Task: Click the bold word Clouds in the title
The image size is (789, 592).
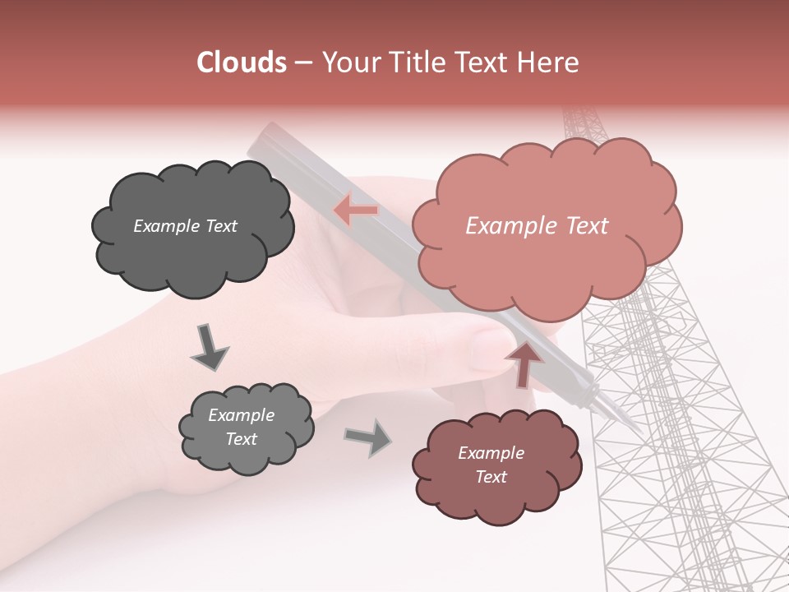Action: point(242,62)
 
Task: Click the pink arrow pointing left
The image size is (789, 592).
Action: point(355,210)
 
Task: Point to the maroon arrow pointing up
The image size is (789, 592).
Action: point(524,363)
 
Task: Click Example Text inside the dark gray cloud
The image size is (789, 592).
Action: point(185,226)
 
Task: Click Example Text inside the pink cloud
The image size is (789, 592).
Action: point(537,226)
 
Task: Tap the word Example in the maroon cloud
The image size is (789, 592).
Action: point(491,453)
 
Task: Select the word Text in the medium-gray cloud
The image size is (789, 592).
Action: point(241,439)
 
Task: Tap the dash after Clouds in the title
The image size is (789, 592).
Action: point(302,62)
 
